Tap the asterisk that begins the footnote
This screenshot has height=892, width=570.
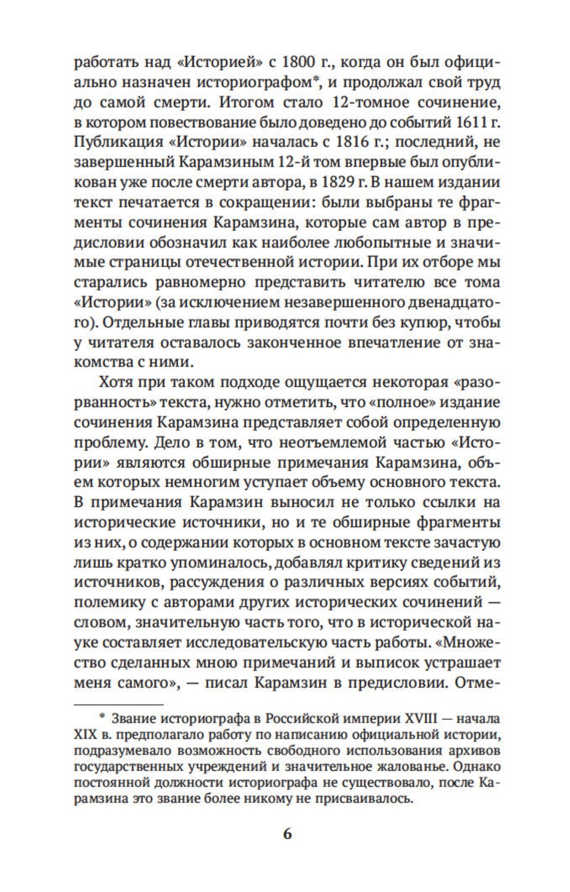point(102,717)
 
